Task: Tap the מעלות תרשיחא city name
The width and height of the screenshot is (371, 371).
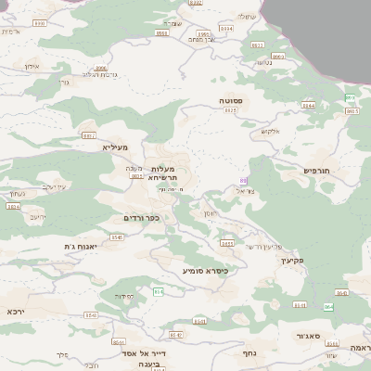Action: point(170,173)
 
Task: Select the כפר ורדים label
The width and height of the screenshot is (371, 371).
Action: point(142,218)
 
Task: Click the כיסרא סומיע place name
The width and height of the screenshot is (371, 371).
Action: point(204,271)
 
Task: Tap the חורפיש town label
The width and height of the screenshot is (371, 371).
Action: point(317,171)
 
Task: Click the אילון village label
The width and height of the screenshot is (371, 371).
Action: point(31,67)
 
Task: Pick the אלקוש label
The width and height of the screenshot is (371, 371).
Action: point(270,130)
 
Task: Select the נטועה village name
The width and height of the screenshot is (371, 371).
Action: point(263,63)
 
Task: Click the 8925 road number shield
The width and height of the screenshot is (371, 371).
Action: point(231,110)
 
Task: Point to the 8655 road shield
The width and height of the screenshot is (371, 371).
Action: point(227,244)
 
